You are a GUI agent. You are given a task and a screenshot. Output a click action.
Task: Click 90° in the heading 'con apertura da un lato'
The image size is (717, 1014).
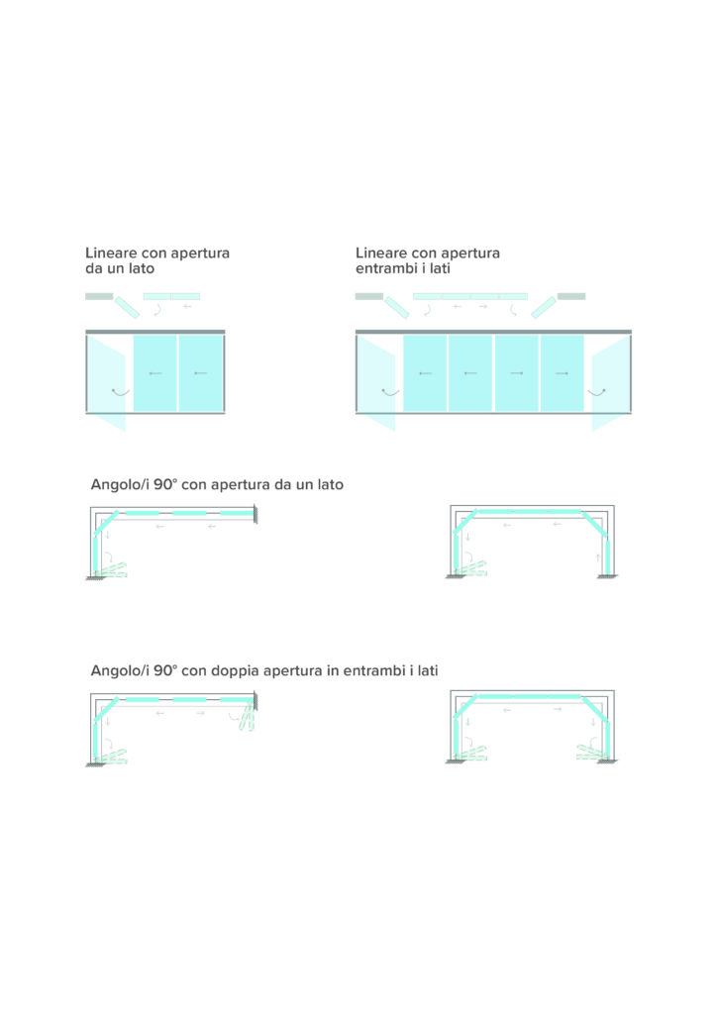coord(165,484)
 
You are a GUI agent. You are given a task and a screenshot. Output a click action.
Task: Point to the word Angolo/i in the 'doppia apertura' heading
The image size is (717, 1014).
coord(120,670)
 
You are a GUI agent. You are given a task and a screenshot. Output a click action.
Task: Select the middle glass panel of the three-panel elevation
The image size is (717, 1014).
coord(155,373)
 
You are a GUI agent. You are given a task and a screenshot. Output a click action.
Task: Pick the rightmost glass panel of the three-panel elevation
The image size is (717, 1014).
coord(201,373)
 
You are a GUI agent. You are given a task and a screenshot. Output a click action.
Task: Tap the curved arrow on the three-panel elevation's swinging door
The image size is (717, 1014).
coord(120,392)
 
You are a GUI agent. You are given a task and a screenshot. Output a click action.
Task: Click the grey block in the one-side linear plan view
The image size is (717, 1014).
coord(99,296)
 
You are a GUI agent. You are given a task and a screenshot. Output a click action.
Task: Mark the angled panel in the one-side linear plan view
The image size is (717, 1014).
coord(127,307)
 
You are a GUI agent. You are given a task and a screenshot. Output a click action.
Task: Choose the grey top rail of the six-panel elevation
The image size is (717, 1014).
coord(493,332)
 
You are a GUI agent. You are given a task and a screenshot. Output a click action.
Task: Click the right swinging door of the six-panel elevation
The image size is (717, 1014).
coord(611,383)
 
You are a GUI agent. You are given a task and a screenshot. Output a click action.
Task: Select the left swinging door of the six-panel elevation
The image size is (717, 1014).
coord(376,383)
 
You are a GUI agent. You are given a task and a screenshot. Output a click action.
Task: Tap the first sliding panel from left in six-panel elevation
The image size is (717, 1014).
coord(425,373)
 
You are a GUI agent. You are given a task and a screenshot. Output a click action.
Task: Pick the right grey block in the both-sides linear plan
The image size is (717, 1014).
coord(571,296)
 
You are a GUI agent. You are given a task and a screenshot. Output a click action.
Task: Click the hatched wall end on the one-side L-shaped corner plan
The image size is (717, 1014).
coord(256,515)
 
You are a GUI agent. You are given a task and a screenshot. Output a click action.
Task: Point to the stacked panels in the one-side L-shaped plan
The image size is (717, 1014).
coord(111,569)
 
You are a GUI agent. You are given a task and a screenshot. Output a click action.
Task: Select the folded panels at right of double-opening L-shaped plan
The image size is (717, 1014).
coord(247,717)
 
